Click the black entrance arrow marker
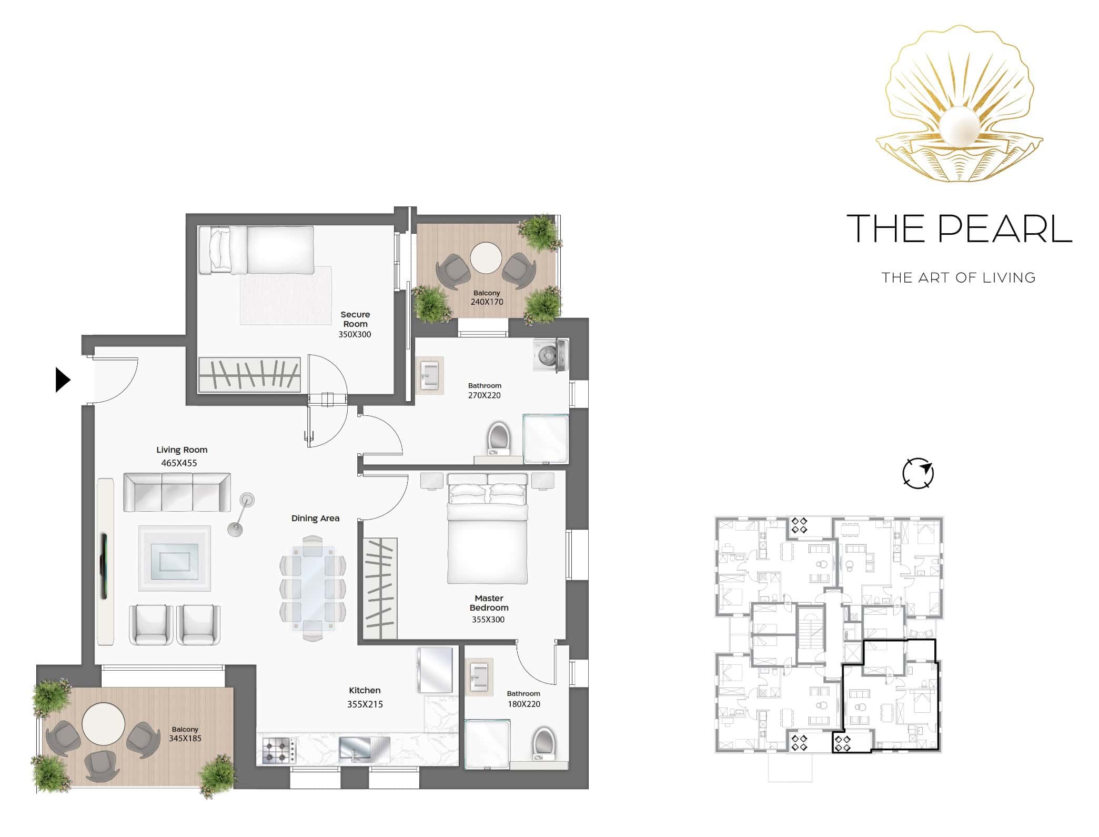pos(63,380)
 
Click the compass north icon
pos(918,473)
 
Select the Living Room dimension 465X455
pos(179,463)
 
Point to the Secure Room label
pos(355,319)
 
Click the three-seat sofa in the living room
pos(177,492)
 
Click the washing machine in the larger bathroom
pos(551,355)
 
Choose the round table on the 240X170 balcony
pos(486,258)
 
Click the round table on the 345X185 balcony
pos(104,724)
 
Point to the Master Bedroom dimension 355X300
pos(488,620)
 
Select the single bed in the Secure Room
pos(256,250)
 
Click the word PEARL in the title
pos(1005,228)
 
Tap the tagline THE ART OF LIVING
pos(959,277)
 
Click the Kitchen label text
pos(365,690)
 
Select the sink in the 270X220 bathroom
pos(429,374)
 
